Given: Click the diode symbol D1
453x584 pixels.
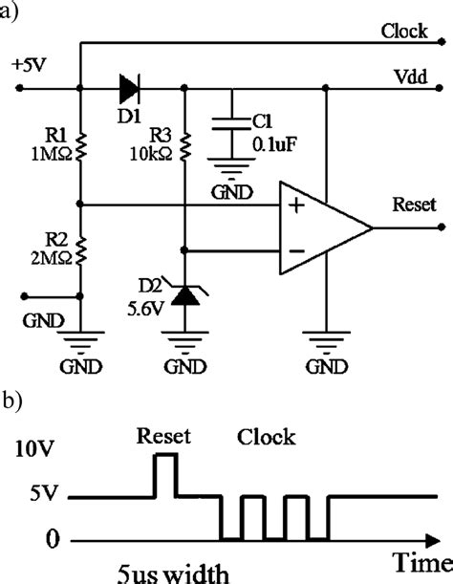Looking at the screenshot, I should click(x=130, y=91).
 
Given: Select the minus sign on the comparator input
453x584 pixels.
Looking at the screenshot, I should click(x=297, y=250).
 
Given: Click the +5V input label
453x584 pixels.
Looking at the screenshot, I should click(x=29, y=65).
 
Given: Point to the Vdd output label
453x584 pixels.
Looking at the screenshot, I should click(x=408, y=76).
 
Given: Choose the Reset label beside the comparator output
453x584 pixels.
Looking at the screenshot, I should click(x=413, y=205).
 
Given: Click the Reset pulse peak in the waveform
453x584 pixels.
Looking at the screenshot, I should click(x=165, y=456).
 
